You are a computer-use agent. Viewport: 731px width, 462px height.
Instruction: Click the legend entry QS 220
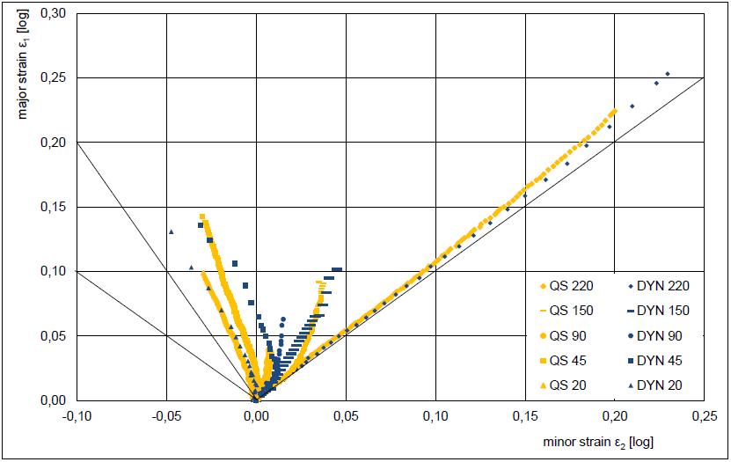tap(567, 285)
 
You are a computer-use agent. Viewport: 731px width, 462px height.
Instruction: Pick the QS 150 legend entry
tap(567, 311)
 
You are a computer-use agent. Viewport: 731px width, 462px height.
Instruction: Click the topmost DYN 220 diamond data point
tap(668, 74)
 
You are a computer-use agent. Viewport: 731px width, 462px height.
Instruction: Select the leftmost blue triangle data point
tap(172, 231)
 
